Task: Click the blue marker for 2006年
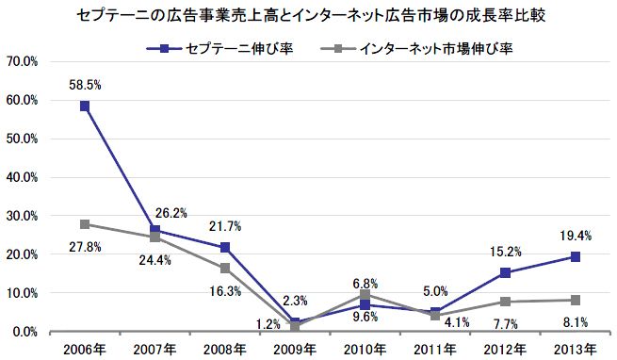pyautogui.click(x=85, y=106)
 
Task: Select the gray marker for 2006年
pyautogui.click(x=85, y=224)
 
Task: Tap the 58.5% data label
pyautogui.click(x=85, y=85)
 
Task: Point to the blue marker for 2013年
pyautogui.click(x=576, y=256)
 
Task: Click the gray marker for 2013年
pyautogui.click(x=576, y=301)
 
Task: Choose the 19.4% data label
pyautogui.click(x=576, y=236)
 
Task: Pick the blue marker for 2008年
pyautogui.click(x=225, y=247)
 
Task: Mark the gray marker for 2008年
pyautogui.click(x=225, y=269)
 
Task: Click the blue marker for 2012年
pyautogui.click(x=505, y=272)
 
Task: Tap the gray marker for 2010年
pyautogui.click(x=365, y=295)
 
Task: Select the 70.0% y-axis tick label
pyautogui.click(x=22, y=62)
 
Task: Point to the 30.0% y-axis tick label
pyautogui.click(x=22, y=216)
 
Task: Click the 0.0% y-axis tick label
pyautogui.click(x=25, y=332)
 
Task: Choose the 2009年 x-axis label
pyautogui.click(x=295, y=350)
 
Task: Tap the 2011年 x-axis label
pyautogui.click(x=435, y=350)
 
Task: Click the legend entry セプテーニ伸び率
pyautogui.click(x=219, y=49)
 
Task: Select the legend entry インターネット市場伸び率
pyautogui.click(x=416, y=49)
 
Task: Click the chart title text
pyautogui.click(x=311, y=16)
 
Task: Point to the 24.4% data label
pyautogui.click(x=155, y=260)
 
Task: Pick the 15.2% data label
pyautogui.click(x=505, y=252)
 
